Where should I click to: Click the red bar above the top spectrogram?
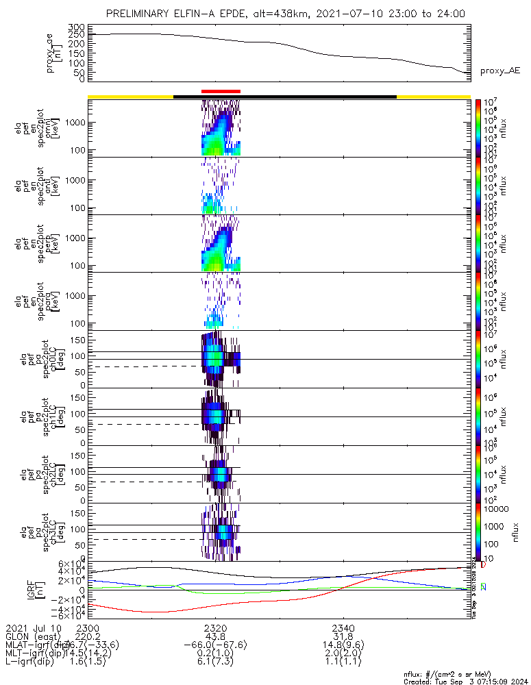pos(221,90)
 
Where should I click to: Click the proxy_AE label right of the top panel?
pos(499,71)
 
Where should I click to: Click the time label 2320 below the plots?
pos(215,628)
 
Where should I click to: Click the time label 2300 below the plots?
pos(88,628)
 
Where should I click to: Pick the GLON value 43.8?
pos(215,636)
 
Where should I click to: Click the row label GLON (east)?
pos(32,636)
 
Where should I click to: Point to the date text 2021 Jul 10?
pos(33,628)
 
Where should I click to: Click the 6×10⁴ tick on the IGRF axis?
pos(71,564)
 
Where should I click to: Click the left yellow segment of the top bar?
pos(130,97)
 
